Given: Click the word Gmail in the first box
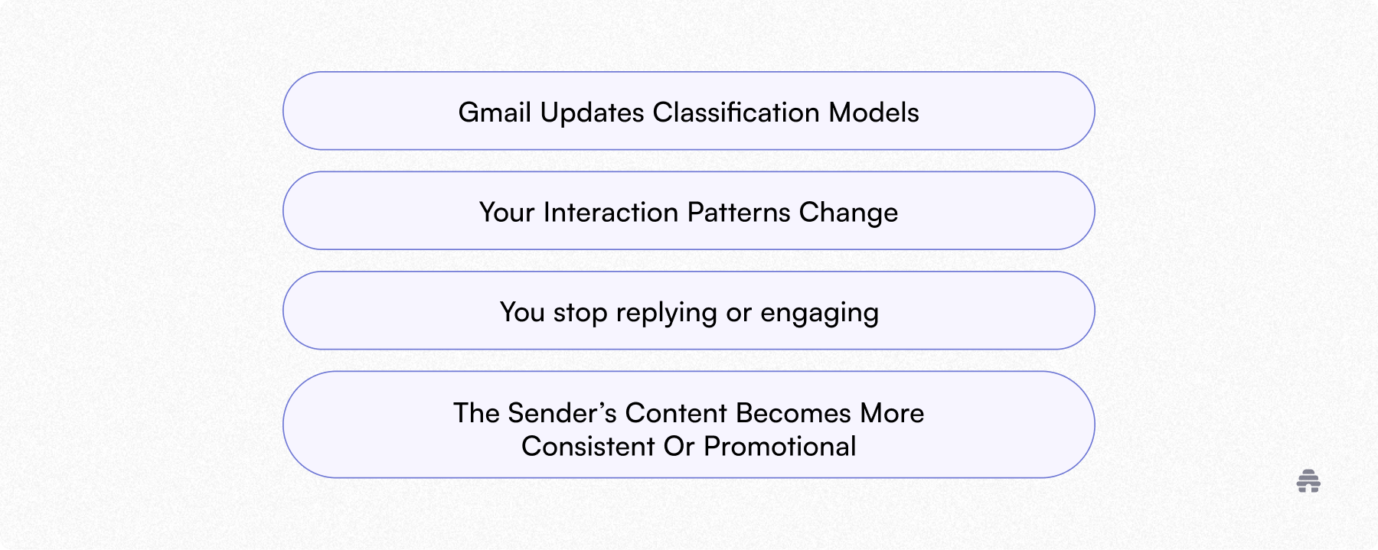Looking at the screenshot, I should [495, 112].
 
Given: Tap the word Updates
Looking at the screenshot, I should [592, 113].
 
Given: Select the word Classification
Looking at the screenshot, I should [736, 112].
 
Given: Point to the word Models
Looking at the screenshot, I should [873, 112].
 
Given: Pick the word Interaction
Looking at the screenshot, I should [611, 212].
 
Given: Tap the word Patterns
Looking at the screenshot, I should [739, 212].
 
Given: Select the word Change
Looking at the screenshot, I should [848, 212].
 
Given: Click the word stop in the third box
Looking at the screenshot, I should [580, 313].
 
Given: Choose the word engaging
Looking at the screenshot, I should [819, 313].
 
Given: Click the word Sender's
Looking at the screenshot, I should [562, 413].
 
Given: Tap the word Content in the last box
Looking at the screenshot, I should [676, 413].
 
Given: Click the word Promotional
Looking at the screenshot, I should [779, 447].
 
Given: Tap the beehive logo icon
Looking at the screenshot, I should [1308, 481].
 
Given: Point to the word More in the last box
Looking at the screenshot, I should [892, 413].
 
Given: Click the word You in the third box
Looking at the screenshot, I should [522, 312].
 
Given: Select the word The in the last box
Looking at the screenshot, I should [476, 413].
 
